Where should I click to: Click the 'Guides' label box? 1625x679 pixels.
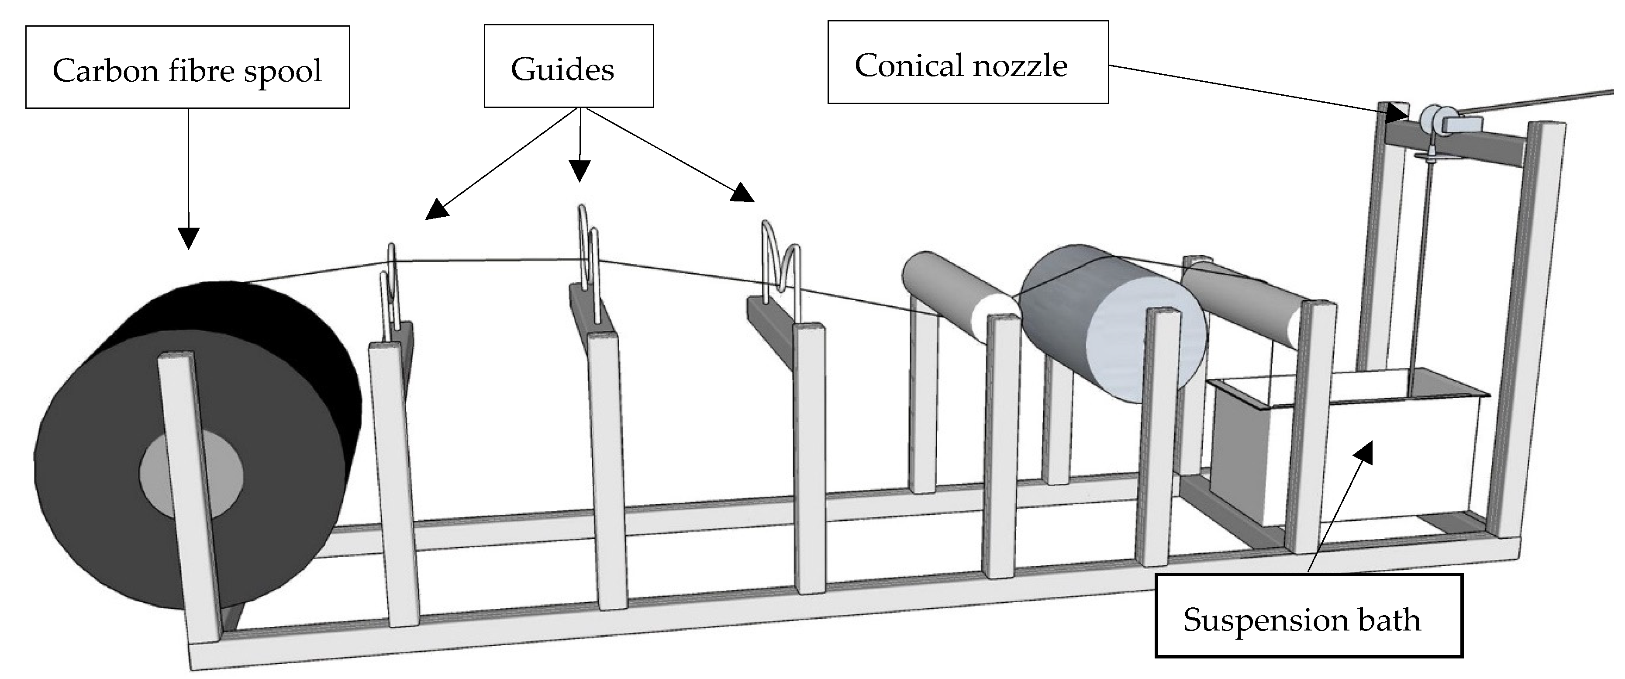point(568,66)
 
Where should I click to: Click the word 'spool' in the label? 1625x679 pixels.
point(283,71)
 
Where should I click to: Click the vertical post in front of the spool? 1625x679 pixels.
point(189,492)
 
